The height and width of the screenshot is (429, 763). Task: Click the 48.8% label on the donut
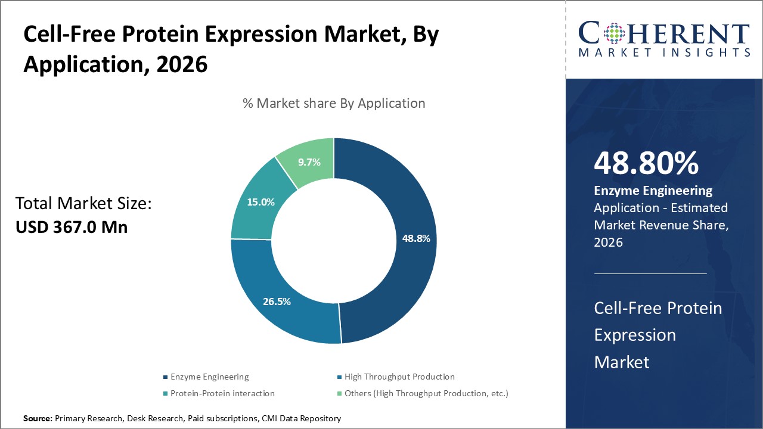click(416, 238)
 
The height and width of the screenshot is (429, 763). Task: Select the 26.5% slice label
click(277, 301)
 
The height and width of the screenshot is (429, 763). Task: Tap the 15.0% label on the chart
click(260, 202)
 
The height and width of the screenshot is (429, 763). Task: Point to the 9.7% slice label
click(309, 162)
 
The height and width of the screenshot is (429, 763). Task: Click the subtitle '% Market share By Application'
click(334, 103)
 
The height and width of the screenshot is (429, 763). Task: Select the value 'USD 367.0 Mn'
click(72, 227)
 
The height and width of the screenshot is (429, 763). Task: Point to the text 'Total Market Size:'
click(84, 204)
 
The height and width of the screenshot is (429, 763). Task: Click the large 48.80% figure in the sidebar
click(646, 163)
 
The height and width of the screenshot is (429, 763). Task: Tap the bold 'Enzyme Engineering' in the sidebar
click(653, 191)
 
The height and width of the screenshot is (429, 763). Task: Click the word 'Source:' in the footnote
click(38, 419)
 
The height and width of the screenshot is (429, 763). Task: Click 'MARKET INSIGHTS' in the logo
click(664, 52)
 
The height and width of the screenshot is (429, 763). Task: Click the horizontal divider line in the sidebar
click(650, 273)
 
